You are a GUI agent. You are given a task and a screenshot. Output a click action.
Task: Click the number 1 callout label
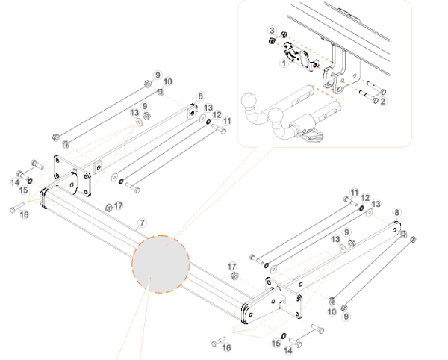point(283,64)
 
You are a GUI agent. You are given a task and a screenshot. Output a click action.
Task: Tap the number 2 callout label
point(382,101)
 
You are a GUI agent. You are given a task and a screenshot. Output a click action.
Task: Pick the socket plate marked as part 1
point(297,59)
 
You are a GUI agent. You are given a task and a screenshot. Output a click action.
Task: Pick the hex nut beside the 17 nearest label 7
point(109,206)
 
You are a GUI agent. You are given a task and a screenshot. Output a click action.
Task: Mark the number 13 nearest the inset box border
point(208,108)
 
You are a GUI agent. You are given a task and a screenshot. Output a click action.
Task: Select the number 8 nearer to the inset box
point(199,96)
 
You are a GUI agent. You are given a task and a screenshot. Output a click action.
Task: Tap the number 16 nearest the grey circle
point(228,347)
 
